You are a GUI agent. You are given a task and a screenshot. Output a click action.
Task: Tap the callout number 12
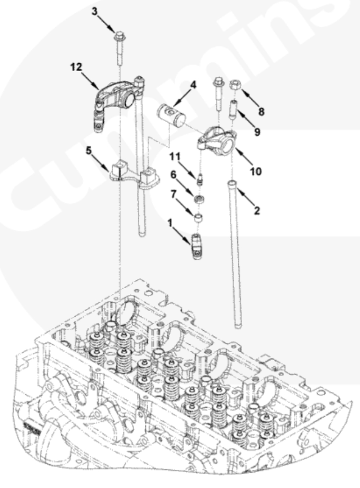[x=76, y=67]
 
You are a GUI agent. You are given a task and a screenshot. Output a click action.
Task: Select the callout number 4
[x=193, y=85]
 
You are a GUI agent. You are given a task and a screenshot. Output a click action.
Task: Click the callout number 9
[x=257, y=132]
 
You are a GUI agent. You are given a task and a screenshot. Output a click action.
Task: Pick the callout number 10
[x=256, y=171]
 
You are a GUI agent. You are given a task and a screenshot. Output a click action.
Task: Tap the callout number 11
[x=175, y=157]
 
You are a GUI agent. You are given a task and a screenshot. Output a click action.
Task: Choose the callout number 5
[x=89, y=150]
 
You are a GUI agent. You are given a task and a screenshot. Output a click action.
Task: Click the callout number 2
[x=257, y=211]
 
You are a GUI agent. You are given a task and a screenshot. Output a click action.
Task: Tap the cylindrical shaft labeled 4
[x=171, y=116]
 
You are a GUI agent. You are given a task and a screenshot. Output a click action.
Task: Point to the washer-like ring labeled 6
[x=198, y=199]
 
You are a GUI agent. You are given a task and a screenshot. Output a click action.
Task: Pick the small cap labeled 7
[x=198, y=218]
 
